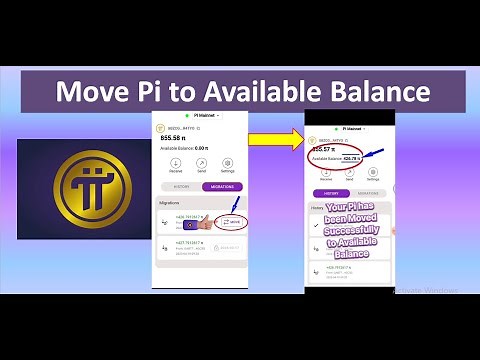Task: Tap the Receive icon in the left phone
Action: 175,163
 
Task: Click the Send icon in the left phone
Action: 202,163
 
